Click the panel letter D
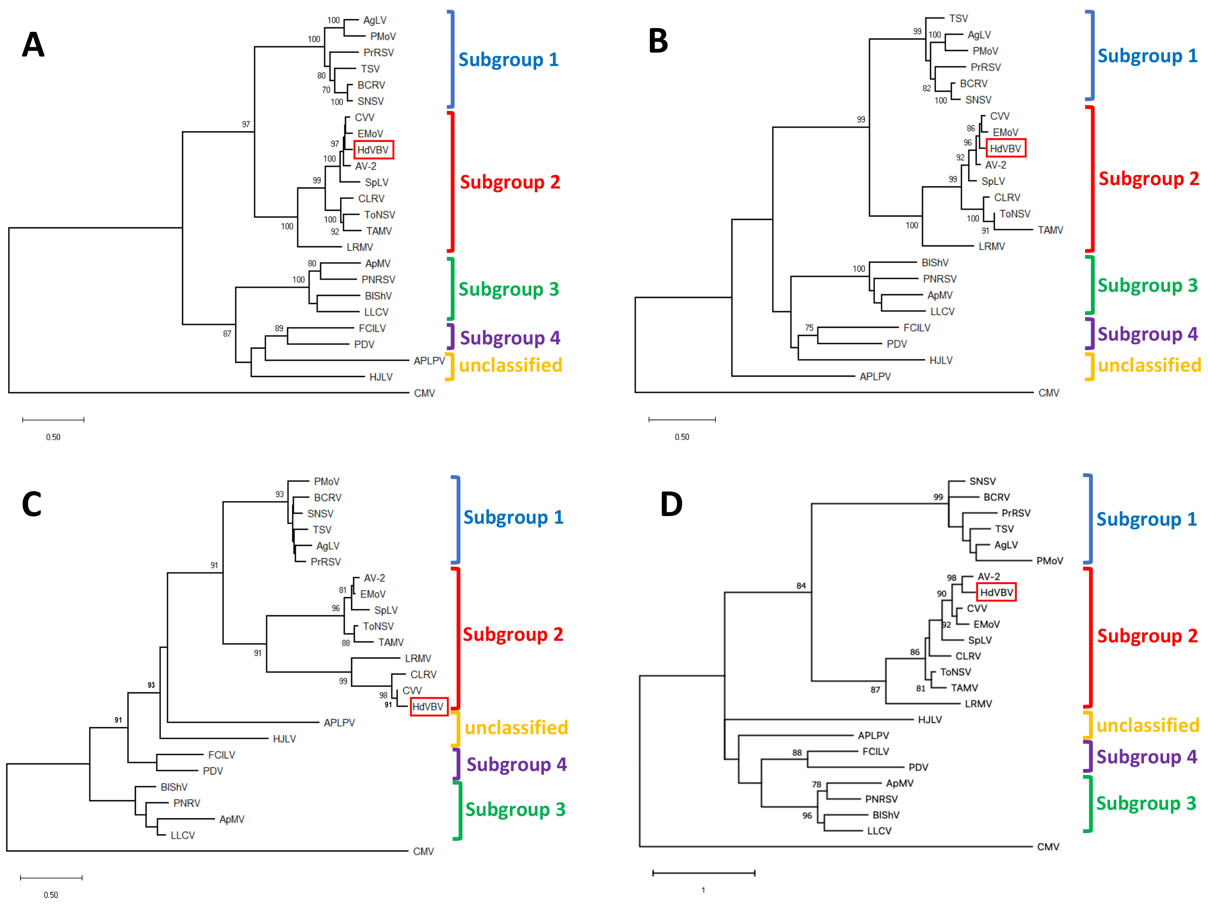click(671, 504)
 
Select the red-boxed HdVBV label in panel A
click(374, 150)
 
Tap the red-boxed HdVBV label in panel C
click(429, 707)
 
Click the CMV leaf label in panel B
click(1049, 393)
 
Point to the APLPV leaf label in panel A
click(429, 361)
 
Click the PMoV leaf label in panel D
click(1050, 561)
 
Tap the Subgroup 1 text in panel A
click(509, 60)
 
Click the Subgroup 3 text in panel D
click(1146, 804)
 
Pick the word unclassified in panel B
click(1149, 365)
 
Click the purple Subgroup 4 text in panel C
click(517, 765)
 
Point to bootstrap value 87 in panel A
click(227, 334)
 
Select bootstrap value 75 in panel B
click(809, 328)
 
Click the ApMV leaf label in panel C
click(232, 819)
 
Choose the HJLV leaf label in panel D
click(930, 720)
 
